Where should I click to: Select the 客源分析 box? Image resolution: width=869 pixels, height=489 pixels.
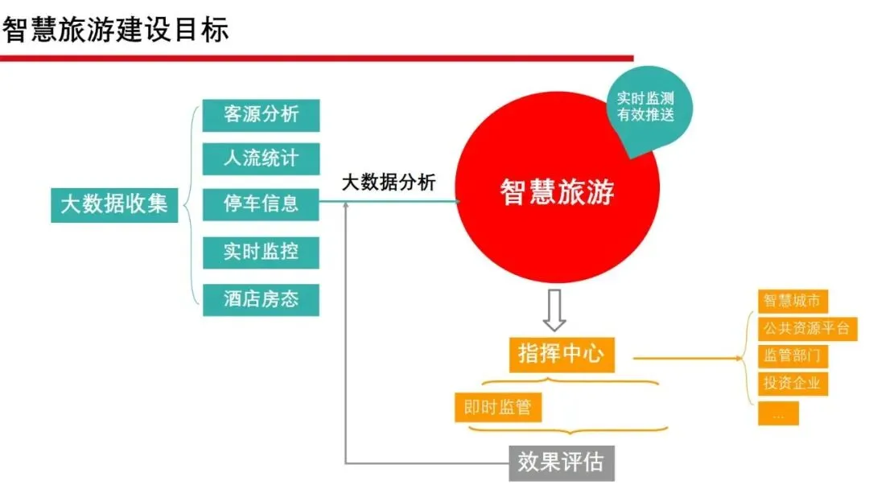coord(261,114)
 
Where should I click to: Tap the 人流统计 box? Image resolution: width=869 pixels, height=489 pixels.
coord(261,158)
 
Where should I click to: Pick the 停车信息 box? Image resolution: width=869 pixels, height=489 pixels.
coord(261,204)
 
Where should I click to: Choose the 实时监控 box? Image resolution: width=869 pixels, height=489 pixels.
coord(261,252)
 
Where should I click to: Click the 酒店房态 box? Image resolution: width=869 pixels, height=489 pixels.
coord(261,299)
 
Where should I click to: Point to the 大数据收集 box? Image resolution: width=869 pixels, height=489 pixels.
coord(114,204)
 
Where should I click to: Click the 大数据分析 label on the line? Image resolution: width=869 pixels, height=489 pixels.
coord(389,183)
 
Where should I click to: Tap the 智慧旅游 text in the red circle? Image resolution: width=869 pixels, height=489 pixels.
coord(557,192)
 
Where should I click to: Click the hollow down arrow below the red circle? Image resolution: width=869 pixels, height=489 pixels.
coord(554,311)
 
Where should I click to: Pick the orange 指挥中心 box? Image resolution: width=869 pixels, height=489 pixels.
coord(561,354)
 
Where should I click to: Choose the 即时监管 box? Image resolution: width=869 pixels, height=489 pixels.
coord(497,407)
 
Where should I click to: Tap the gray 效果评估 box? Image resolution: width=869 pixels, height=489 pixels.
coord(560,462)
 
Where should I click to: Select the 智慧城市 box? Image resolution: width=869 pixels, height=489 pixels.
coord(793,301)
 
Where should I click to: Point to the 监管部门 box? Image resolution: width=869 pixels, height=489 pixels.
coord(793,355)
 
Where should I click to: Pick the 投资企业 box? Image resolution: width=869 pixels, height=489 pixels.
coord(793,384)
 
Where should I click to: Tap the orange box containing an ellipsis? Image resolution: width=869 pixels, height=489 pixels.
coord(778,413)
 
